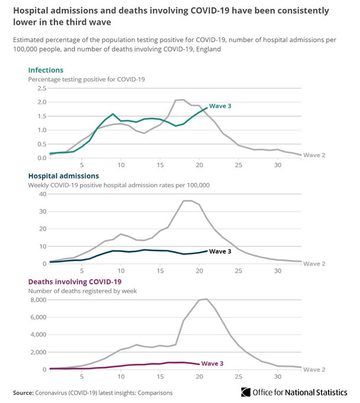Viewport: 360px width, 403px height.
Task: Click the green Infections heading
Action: (46, 70)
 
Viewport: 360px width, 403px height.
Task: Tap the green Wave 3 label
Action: (220, 105)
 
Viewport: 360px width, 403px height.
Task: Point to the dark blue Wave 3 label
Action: (220, 251)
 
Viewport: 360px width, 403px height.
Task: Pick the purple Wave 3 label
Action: (213, 363)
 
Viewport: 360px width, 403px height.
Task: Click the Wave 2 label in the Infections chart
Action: (314, 155)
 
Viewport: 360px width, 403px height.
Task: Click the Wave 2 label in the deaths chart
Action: (314, 370)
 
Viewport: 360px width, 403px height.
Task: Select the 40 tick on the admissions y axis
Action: (42, 194)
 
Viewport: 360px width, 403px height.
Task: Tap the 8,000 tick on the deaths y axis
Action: (37, 300)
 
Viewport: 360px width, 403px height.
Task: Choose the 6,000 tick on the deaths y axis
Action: (37, 317)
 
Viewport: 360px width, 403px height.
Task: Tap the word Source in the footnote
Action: (24, 392)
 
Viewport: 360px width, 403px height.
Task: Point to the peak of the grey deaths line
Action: (205, 299)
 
